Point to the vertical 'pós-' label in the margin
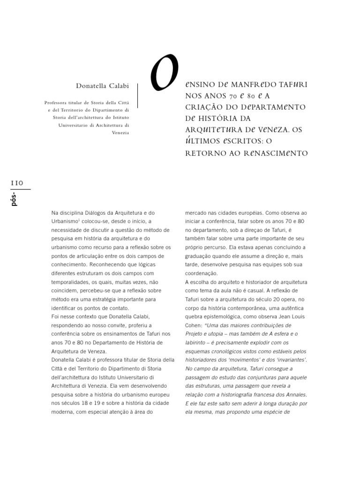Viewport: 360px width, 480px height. click(x=14, y=199)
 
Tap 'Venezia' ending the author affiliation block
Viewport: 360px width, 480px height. click(x=120, y=133)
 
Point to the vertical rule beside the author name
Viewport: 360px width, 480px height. click(x=137, y=96)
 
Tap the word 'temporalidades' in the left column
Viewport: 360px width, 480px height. click(x=72, y=282)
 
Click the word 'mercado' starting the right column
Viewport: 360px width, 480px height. click(x=196, y=212)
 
